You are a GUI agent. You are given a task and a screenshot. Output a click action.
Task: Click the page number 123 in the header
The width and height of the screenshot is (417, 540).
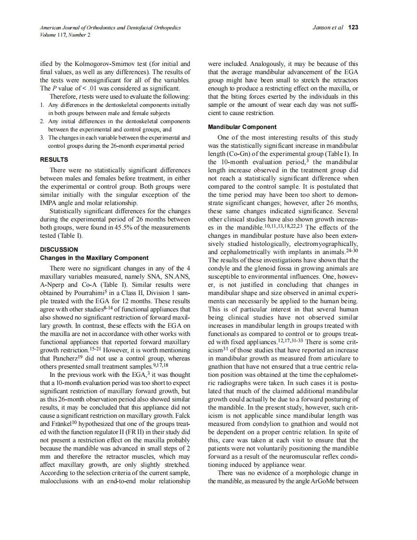pos(353,27)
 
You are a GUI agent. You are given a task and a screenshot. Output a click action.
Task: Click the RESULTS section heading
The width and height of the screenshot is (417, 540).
pos(54,159)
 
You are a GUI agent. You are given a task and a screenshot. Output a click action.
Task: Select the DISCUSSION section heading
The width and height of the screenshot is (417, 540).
pos(59,249)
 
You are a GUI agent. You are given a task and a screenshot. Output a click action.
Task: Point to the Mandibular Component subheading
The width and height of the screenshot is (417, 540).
pos(242,127)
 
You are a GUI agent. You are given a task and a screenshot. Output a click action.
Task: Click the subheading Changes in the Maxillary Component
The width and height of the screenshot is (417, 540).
pos(94,258)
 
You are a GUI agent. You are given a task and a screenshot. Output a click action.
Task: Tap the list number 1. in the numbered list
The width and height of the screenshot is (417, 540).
pos(42,104)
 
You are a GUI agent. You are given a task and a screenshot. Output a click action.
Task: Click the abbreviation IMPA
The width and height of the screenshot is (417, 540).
pos(49,203)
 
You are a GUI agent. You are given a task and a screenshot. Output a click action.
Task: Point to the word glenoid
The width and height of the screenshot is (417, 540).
pos(264,268)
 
